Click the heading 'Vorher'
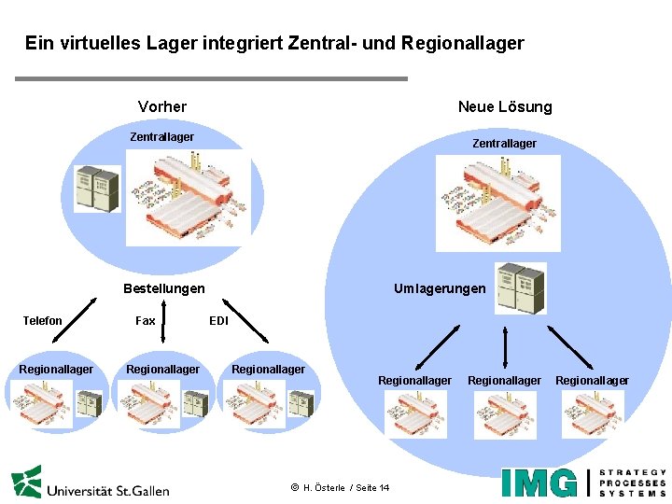(x=161, y=106)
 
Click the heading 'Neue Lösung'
(x=504, y=106)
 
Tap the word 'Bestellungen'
(x=164, y=288)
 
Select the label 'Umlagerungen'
(x=440, y=288)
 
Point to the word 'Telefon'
(x=42, y=321)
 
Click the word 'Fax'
(x=146, y=321)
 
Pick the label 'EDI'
(x=218, y=321)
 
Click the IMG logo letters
(x=539, y=483)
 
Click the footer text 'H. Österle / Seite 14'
(x=346, y=488)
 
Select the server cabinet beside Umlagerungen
(x=520, y=287)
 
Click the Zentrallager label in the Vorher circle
(x=161, y=137)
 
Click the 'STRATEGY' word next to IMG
(x=633, y=472)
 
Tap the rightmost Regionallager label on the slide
(x=592, y=380)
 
